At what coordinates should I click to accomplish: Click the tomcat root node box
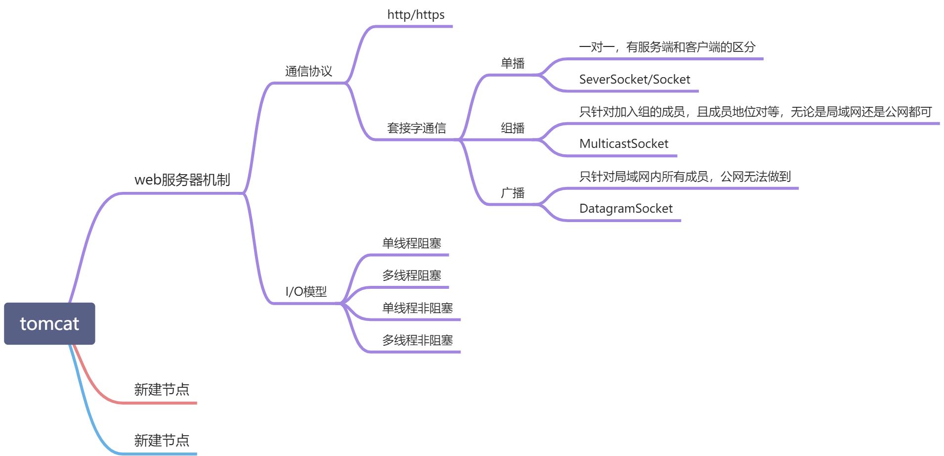[49, 323]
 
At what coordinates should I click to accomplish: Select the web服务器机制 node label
[182, 180]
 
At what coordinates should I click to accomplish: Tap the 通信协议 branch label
[308, 71]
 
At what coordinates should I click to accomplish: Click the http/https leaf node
[416, 15]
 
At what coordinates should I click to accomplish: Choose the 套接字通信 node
[416, 128]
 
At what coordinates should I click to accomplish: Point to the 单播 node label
[513, 63]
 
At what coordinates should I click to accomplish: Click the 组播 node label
[513, 128]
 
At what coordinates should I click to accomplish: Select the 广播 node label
[513, 193]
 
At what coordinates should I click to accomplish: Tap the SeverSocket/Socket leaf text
[634, 80]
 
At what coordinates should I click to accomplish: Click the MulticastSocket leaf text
[623, 144]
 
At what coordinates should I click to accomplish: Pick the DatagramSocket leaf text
[626, 209]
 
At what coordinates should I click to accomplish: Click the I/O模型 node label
[306, 291]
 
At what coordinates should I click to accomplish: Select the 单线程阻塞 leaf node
[411, 243]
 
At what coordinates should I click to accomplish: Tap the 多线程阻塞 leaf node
[411, 275]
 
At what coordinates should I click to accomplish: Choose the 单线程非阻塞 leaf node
[417, 308]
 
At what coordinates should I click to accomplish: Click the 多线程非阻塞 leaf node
[417, 340]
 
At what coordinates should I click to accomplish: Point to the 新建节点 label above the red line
[162, 390]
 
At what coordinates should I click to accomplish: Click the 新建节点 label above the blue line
[162, 440]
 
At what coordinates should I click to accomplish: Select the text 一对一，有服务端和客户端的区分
[667, 47]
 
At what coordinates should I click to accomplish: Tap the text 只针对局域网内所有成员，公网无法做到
[685, 177]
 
